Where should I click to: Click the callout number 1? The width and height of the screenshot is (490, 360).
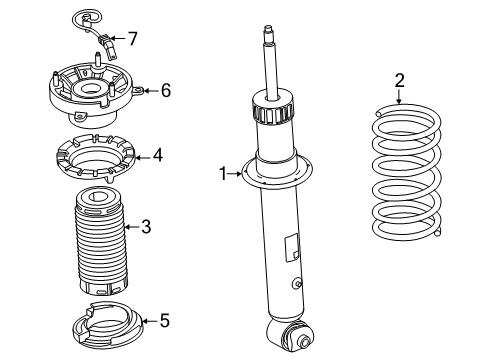[x=224, y=173]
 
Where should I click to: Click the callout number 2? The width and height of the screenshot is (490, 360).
[x=399, y=80]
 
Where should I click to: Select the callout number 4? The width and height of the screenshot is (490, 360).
[x=158, y=155]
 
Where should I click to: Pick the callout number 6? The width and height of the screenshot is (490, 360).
[x=166, y=90]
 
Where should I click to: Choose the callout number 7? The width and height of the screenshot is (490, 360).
[x=132, y=39]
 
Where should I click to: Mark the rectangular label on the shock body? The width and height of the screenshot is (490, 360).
[x=292, y=245]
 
